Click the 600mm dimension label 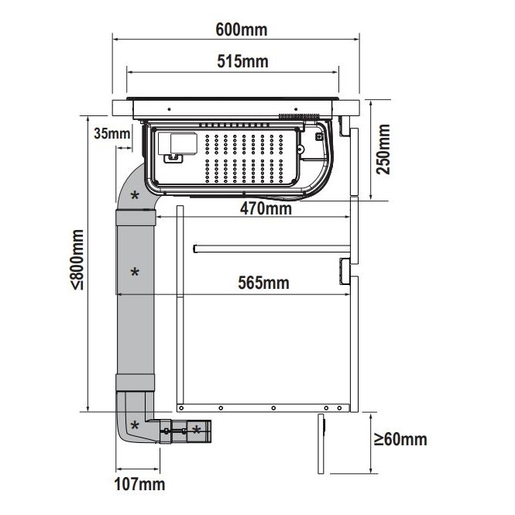242,30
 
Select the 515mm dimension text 242,61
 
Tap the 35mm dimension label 112,134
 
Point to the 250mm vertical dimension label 383,149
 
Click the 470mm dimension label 266,208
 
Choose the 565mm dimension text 264,283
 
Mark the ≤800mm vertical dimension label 77,259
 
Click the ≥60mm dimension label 400,439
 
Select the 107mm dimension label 139,485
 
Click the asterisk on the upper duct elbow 135,195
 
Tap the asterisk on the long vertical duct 135,272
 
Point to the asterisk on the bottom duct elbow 135,426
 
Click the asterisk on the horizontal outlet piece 197,429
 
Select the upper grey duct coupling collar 136,218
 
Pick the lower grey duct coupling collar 135,383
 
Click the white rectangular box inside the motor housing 177,143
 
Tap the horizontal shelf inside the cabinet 272,249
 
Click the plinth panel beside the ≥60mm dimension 321,444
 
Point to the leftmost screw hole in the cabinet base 181,408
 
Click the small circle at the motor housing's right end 300,149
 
